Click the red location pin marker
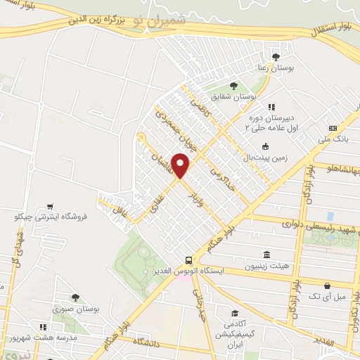tap(181, 165)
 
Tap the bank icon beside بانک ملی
tap(333, 128)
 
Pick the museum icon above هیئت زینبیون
tap(266, 255)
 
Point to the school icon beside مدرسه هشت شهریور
tap(44, 327)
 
